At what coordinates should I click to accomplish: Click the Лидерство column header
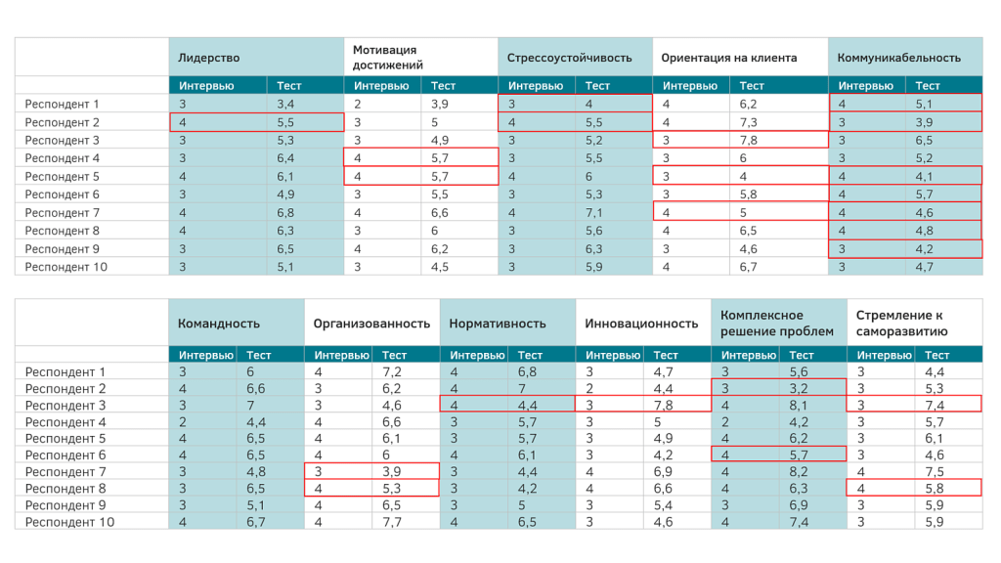pos(209,58)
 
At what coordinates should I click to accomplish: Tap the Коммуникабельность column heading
pos(898,58)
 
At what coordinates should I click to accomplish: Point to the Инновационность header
pos(641,324)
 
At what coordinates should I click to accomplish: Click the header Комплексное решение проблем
pos(776,324)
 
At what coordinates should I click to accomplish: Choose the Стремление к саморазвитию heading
pos(901,324)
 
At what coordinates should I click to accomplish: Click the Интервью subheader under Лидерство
pos(206,86)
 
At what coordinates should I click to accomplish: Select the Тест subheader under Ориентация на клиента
pos(752,86)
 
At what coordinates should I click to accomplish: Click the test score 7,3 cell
pos(749,122)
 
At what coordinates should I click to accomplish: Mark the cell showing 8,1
pos(799,406)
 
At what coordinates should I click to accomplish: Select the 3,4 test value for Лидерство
pos(285,104)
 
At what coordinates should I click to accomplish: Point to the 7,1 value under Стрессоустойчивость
pos(595,212)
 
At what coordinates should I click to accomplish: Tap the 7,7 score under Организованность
pos(392,522)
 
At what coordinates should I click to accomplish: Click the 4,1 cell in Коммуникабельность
pos(925,176)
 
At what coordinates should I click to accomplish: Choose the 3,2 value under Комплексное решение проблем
pos(799,388)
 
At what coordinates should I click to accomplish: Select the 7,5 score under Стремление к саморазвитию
pos(935,471)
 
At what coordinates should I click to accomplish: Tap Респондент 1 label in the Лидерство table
pos(63,104)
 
